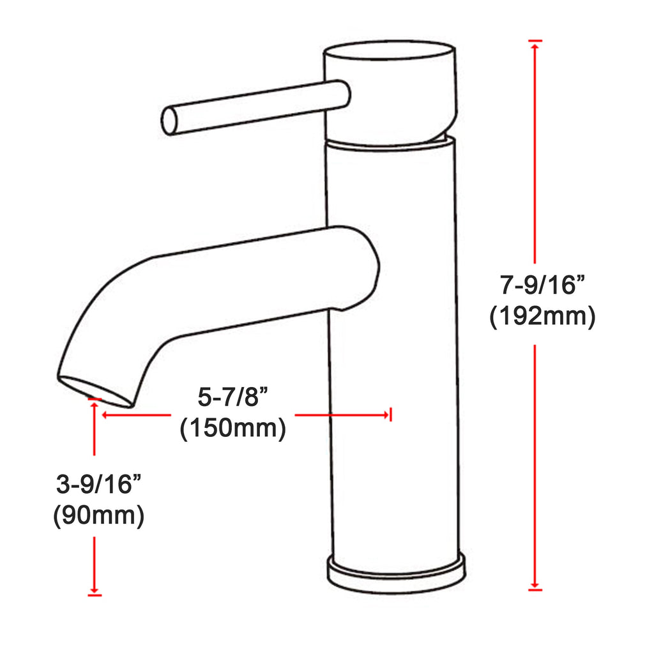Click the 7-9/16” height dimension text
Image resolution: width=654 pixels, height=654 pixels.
point(542,285)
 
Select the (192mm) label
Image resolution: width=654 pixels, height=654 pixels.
point(542,317)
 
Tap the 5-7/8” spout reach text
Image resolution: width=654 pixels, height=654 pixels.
point(232,397)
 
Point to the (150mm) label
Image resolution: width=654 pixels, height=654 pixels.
point(232,428)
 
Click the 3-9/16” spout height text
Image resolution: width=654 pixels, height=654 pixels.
point(99,484)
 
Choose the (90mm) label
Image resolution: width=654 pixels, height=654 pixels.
point(99,515)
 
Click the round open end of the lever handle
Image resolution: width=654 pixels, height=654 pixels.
point(169,121)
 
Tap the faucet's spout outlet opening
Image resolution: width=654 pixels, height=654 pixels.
point(95,392)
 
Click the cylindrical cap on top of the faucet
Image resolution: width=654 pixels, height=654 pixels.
point(390,92)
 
